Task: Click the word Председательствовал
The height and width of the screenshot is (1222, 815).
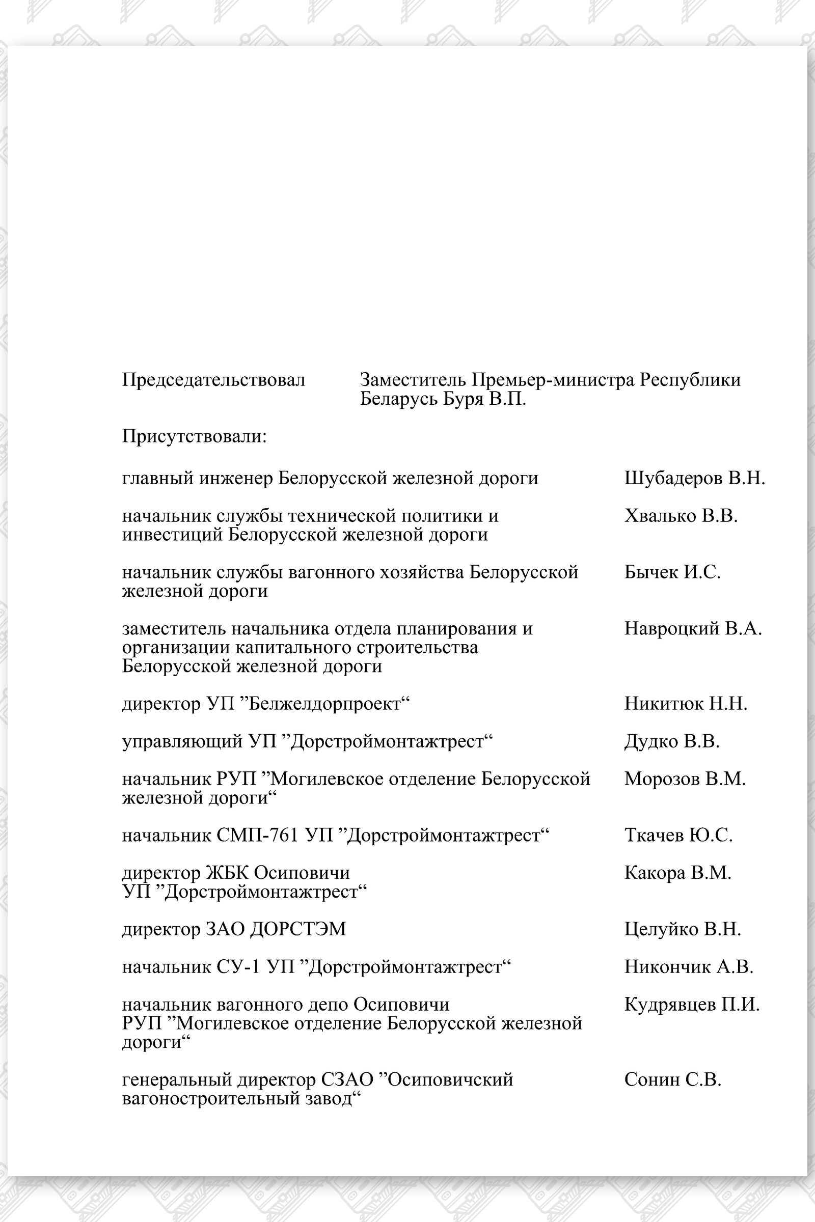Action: coord(213,380)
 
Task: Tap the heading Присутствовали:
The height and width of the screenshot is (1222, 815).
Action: coord(195,436)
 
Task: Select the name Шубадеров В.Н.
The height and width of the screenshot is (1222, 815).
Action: coord(694,478)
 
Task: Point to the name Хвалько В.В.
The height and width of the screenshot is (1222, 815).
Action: coord(681,516)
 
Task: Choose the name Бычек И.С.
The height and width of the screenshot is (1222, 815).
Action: coord(672,572)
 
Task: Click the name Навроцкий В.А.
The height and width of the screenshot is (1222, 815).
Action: coord(693,629)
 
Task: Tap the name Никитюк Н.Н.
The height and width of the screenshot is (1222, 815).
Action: coord(686,704)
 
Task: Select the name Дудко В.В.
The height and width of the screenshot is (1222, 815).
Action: coord(671,741)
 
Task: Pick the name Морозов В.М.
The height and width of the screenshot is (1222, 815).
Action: coord(685,779)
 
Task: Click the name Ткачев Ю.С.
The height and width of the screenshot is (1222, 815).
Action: coord(678,836)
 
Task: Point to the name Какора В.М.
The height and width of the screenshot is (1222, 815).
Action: coord(678,873)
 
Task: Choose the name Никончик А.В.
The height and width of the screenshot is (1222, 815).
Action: coord(689,967)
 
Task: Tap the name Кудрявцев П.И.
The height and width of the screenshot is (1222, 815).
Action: coord(692,1005)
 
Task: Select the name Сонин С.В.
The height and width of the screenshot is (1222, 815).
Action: coord(672,1079)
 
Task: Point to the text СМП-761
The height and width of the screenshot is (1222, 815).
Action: coord(257,836)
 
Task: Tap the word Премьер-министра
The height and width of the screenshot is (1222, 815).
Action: coord(553,380)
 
